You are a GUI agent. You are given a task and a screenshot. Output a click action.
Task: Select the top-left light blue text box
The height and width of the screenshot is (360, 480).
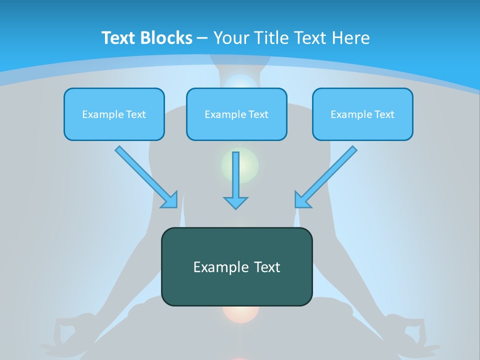(114, 114)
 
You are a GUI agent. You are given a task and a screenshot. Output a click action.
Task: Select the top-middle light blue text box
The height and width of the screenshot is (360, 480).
(236, 114)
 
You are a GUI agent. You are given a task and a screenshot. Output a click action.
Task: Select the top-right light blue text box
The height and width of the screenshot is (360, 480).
(362, 114)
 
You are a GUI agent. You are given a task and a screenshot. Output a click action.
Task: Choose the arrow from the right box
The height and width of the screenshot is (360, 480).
(325, 177)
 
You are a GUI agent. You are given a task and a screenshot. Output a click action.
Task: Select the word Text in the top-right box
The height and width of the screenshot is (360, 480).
(384, 114)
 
